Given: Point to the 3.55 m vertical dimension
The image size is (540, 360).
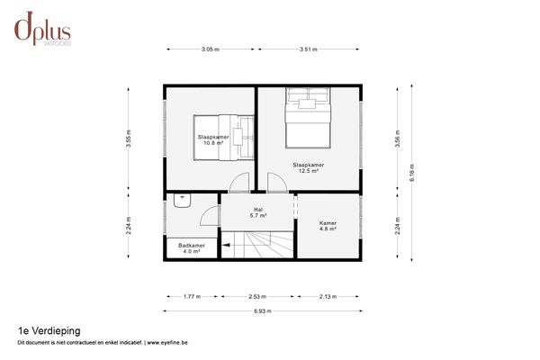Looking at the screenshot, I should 130,140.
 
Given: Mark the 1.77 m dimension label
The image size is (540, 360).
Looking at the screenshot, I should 192,294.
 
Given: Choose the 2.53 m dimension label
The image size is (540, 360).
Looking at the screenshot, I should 257,294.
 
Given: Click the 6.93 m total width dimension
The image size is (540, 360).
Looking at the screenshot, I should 263,311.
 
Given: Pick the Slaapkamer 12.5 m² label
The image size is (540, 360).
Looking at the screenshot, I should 308,167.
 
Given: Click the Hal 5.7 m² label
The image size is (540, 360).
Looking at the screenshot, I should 232,212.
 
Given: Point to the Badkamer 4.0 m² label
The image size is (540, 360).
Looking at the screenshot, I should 191,247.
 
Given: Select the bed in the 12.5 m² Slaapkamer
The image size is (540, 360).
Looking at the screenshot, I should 308,117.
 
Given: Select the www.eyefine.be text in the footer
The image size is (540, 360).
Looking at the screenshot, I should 173,343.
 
